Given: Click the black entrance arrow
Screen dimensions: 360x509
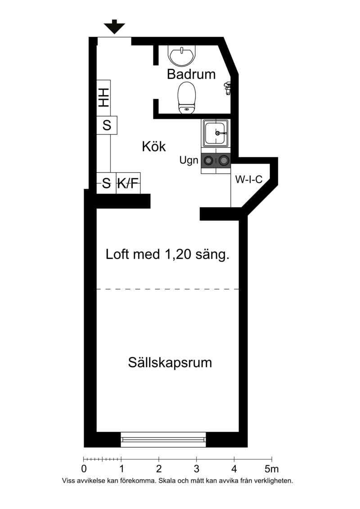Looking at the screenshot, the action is [x=114, y=27].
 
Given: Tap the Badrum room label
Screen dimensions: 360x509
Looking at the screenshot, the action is [x=191, y=74].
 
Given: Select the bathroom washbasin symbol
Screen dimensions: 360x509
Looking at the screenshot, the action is [x=182, y=55].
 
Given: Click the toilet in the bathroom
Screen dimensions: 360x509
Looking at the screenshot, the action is [x=187, y=98].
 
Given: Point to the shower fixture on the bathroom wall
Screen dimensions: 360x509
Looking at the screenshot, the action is [x=227, y=88].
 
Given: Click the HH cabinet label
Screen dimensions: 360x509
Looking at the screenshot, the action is [x=103, y=97].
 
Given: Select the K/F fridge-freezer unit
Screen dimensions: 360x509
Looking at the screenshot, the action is [x=128, y=183].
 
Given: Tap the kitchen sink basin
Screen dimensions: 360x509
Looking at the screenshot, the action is [x=216, y=133].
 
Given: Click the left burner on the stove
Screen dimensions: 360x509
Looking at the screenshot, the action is [x=208, y=160].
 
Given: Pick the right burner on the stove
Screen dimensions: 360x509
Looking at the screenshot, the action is [x=223, y=160].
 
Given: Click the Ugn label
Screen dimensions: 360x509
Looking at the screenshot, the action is [x=189, y=160].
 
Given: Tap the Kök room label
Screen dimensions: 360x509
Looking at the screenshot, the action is [x=154, y=146].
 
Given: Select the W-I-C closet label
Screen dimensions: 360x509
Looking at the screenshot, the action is [x=249, y=179].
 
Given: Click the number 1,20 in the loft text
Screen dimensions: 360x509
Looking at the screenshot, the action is [x=178, y=254].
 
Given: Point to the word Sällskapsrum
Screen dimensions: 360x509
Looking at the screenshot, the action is [x=170, y=363].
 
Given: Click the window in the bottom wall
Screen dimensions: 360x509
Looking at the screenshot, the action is [x=163, y=440].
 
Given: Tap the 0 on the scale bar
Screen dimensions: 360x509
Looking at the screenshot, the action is [x=84, y=469].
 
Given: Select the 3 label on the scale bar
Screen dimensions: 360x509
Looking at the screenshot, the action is [x=196, y=469].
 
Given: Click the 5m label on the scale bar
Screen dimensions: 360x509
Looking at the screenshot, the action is [x=272, y=469].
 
